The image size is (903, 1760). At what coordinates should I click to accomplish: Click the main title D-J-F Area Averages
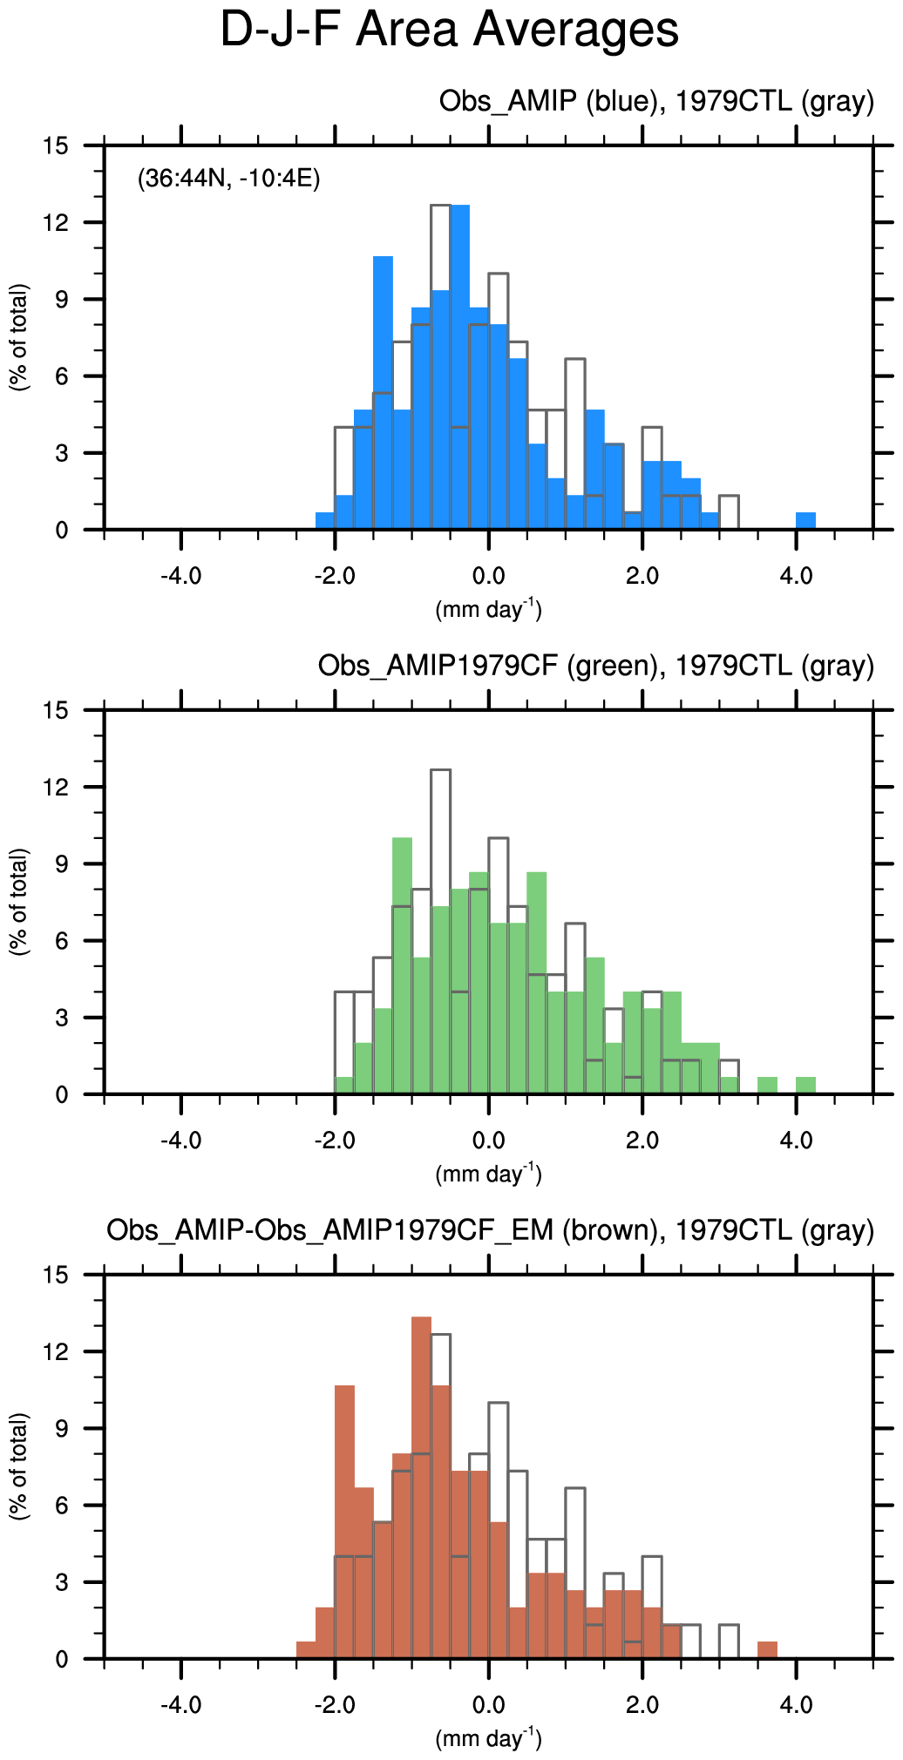click(x=449, y=30)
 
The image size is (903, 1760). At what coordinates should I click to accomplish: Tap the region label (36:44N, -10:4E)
click(x=229, y=179)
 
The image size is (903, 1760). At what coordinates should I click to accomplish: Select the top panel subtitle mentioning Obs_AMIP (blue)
click(x=655, y=101)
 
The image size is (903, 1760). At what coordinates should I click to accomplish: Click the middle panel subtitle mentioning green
click(x=595, y=666)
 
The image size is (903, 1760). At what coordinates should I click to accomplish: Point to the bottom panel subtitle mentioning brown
click(x=490, y=1230)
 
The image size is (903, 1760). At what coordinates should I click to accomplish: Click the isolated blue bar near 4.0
click(x=806, y=521)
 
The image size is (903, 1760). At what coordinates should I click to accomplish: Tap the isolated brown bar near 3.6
click(x=767, y=1650)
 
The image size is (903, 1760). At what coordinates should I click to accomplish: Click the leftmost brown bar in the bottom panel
click(x=306, y=1650)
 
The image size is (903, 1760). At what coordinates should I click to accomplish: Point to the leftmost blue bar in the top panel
click(x=325, y=521)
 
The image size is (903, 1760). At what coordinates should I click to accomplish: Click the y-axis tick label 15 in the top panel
click(x=55, y=146)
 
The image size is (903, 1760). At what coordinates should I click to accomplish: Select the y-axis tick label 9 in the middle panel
click(x=61, y=864)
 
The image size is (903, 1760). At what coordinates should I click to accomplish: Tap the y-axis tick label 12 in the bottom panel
click(x=55, y=1352)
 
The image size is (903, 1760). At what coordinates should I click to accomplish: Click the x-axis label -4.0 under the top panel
click(x=180, y=575)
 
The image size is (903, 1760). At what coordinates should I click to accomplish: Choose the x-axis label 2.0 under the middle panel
click(x=642, y=1140)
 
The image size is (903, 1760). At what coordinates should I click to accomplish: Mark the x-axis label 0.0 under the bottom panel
click(x=488, y=1704)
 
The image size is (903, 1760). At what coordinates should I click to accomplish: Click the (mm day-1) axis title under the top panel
click(x=488, y=610)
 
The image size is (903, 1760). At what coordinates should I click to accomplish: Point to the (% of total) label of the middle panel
click(x=19, y=902)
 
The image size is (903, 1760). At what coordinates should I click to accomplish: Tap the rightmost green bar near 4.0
click(x=806, y=1086)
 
